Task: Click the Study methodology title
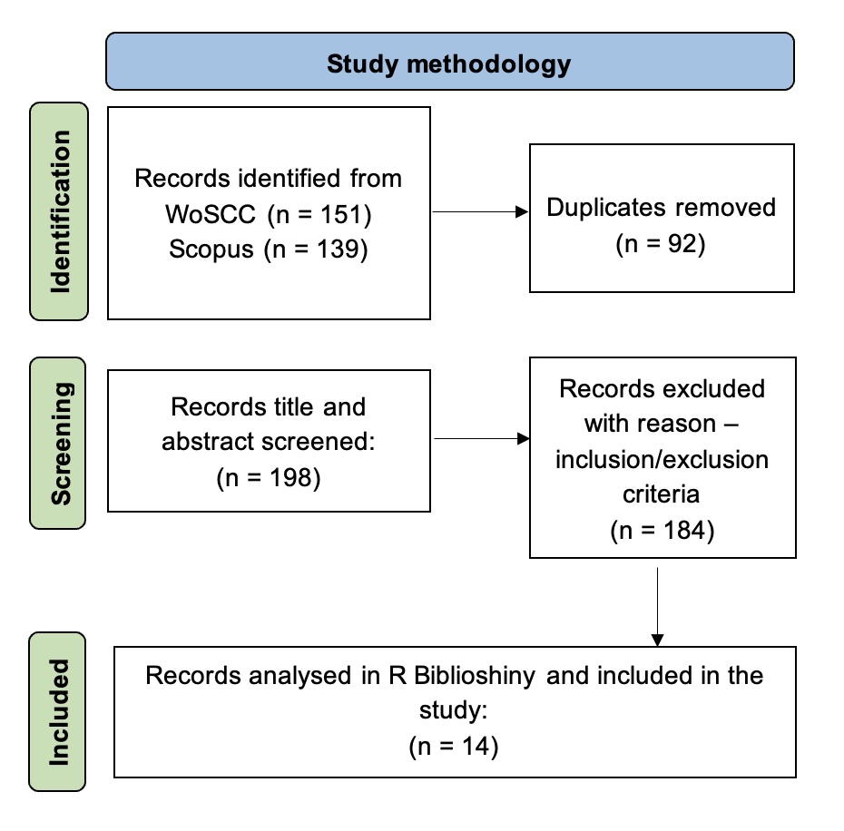(x=449, y=64)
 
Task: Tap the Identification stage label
(x=60, y=211)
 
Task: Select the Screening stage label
(x=60, y=443)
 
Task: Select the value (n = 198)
(x=269, y=479)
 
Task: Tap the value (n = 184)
(x=662, y=530)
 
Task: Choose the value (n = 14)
(x=455, y=747)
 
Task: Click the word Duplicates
(x=601, y=207)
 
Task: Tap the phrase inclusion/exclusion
(x=662, y=459)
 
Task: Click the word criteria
(x=662, y=494)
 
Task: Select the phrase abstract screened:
(x=269, y=442)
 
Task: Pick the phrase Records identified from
(x=269, y=178)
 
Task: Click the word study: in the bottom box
(x=455, y=711)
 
